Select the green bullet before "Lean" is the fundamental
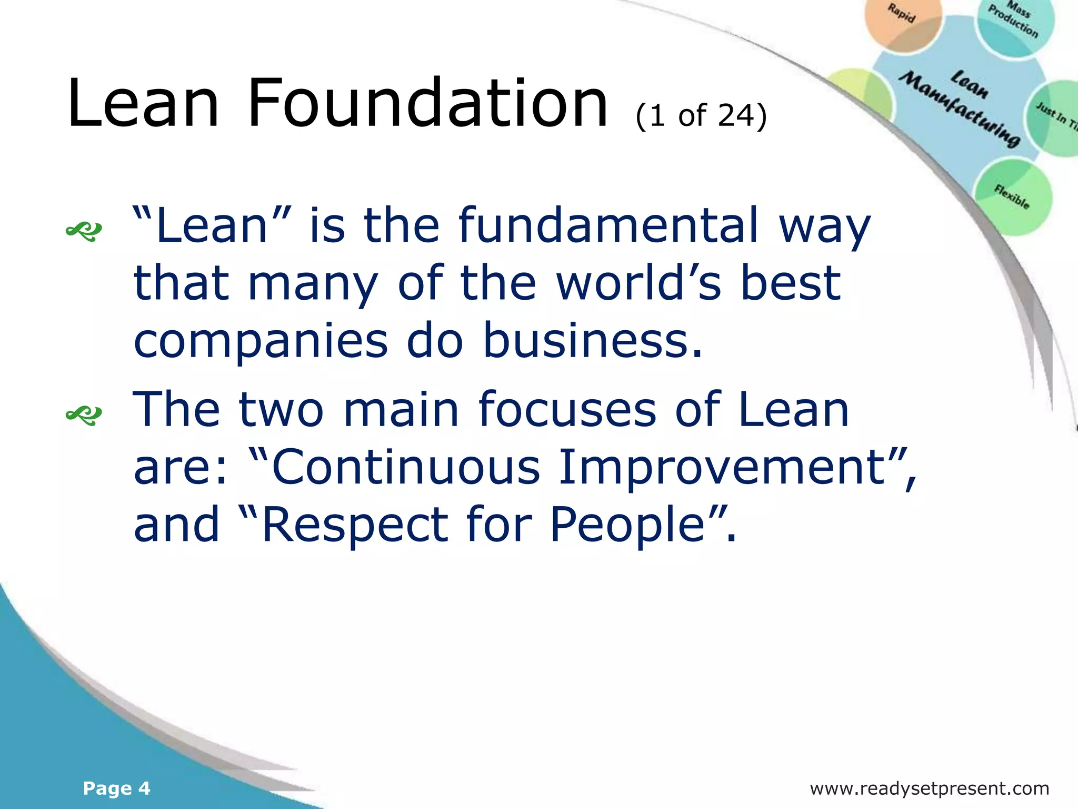point(84,231)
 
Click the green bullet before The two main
point(84,415)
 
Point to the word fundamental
point(609,225)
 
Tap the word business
point(592,341)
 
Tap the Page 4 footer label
point(116,788)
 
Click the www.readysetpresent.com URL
point(929,788)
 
